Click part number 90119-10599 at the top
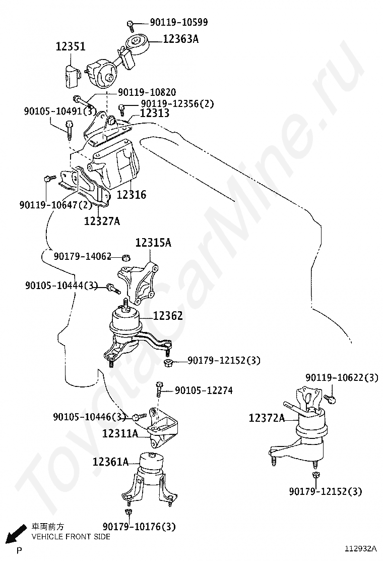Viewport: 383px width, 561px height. point(179,22)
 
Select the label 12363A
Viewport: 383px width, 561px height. point(180,38)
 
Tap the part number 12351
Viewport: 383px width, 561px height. point(70,47)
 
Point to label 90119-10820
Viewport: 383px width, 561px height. point(147,92)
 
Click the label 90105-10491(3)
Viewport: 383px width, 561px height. point(59,111)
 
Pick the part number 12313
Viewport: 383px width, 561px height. point(154,114)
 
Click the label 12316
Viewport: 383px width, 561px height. point(132,194)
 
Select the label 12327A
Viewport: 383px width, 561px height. point(102,220)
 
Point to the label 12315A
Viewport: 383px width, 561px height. point(153,243)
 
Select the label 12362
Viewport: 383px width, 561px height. point(168,316)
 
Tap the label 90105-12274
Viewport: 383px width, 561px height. point(204,390)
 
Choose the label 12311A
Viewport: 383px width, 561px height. point(120,433)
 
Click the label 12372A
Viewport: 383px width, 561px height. point(267,418)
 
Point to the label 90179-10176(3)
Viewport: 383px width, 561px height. point(139,527)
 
